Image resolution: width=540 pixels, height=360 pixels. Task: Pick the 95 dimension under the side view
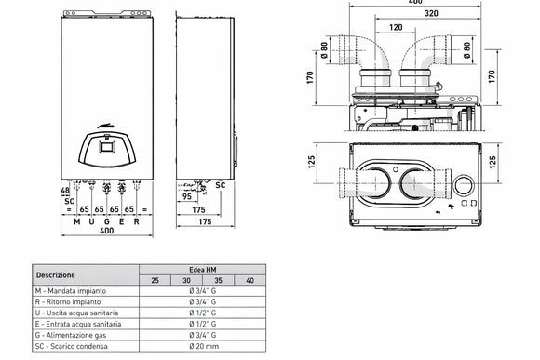click(187, 197)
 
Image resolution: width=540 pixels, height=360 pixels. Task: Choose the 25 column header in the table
click(154, 280)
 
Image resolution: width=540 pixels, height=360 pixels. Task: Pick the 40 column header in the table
click(249, 280)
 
